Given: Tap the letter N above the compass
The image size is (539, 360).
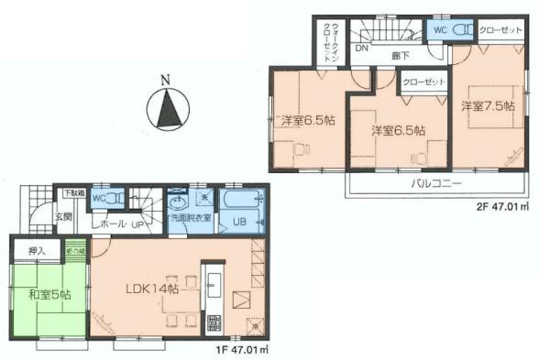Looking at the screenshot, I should (165, 80).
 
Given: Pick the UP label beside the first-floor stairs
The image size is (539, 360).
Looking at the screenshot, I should (135, 223).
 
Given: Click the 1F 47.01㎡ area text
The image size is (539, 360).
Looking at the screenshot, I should (239, 349).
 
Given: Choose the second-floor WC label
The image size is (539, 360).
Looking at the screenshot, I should (439, 28).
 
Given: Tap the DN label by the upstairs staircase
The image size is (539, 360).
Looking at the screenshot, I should (361, 49).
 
